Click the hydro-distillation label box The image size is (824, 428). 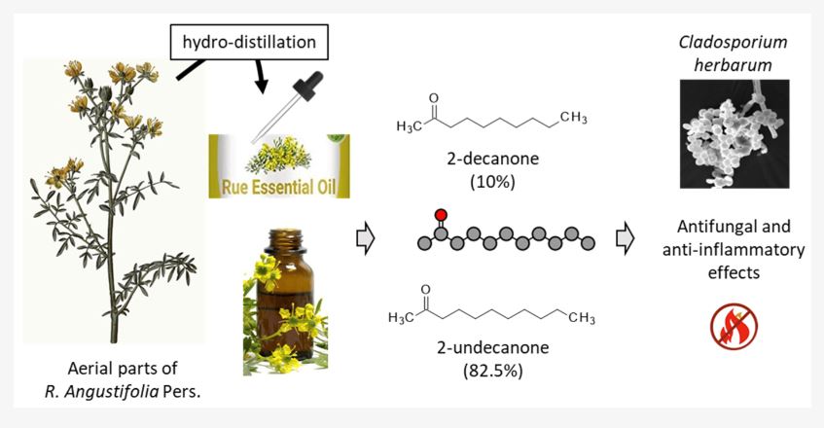point(250,42)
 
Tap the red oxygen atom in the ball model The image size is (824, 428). point(441,215)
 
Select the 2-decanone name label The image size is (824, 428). point(493,159)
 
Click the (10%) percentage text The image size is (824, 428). point(493,182)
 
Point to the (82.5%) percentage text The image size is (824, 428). point(493,371)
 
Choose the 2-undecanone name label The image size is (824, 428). point(493,347)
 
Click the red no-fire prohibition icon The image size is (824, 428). point(734,326)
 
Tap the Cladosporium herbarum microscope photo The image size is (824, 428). point(734,134)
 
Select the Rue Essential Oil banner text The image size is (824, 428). point(278,188)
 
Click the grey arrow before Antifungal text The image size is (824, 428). point(625,239)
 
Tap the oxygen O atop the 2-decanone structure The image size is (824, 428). point(434,98)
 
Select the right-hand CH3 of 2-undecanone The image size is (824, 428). point(581,318)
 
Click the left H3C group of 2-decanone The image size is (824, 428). point(410,126)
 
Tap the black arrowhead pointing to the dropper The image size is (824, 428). point(261,85)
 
